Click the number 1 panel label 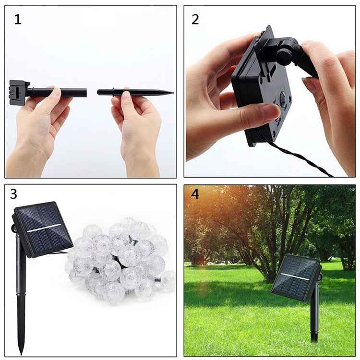[17, 20]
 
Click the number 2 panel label [195, 20]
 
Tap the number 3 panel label [13, 194]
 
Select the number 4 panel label [194, 194]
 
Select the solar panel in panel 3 [42, 228]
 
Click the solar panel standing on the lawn [295, 277]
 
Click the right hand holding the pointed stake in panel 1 [137, 125]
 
